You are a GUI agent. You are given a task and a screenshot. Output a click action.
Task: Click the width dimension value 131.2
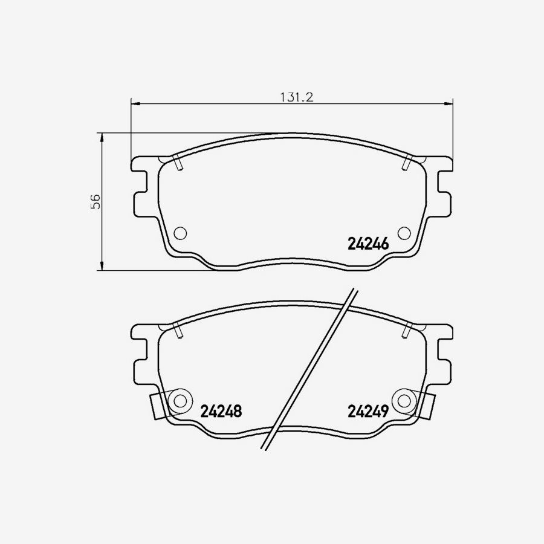click(295, 97)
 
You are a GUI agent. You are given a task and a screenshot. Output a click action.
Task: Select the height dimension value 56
click(95, 202)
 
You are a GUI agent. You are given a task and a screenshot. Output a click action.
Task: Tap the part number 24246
click(368, 244)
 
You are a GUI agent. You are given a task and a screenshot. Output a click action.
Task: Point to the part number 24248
click(221, 412)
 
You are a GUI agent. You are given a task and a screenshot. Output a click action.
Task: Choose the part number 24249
click(368, 412)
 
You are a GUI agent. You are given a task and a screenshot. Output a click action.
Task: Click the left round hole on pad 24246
click(180, 233)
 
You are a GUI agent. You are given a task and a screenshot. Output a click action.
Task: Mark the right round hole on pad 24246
click(404, 233)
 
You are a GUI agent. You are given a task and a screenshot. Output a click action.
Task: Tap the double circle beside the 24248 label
click(180, 400)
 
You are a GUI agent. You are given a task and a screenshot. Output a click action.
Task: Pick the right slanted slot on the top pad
click(407, 163)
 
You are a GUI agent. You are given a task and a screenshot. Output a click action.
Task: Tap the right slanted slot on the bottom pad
click(407, 330)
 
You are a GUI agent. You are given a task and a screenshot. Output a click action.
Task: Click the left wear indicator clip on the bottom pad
click(156, 406)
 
